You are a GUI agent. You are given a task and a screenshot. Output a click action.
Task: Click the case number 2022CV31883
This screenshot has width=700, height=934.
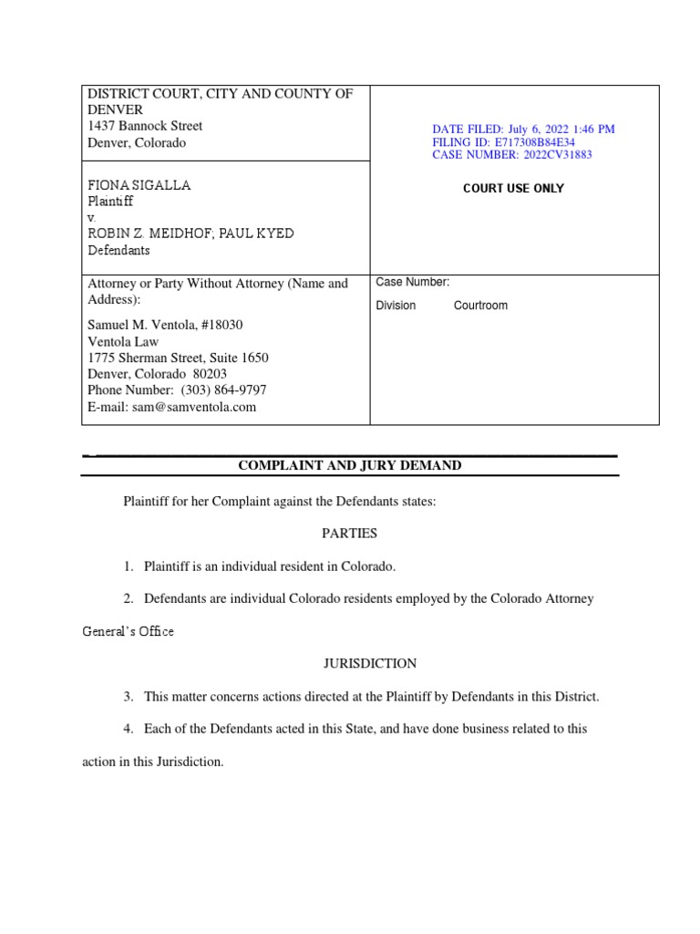coord(559,155)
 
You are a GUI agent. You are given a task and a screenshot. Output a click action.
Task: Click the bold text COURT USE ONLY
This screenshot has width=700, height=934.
coord(513,189)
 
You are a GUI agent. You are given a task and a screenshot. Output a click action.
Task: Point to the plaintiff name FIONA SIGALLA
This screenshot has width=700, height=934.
coord(139,185)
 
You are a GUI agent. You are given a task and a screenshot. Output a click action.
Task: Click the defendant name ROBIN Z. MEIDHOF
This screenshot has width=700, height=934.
coord(149,233)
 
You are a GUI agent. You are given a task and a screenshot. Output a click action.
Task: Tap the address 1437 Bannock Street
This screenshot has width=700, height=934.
coord(145,126)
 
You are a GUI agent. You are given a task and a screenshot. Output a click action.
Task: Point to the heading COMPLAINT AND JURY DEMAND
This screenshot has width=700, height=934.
coord(350,465)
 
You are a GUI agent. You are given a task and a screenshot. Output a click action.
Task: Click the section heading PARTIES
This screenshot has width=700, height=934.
coord(349,533)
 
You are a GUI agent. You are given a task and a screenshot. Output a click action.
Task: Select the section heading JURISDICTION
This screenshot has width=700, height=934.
coord(349,663)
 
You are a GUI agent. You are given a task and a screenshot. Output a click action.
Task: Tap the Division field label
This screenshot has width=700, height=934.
coord(396,306)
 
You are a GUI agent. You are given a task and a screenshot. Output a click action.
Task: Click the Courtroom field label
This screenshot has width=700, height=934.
coord(480,306)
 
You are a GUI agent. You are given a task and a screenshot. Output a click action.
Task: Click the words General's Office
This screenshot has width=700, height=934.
coord(128,631)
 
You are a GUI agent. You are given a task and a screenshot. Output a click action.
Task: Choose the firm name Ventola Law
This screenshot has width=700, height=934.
coord(122,341)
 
